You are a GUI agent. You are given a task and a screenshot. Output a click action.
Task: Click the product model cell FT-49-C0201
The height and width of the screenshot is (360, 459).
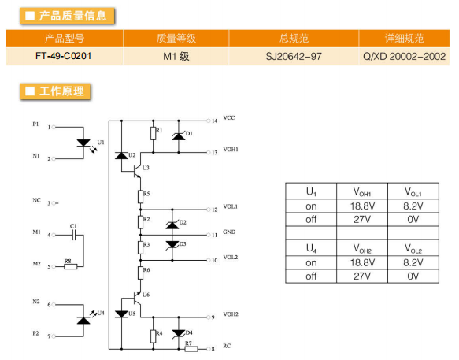click(x=64, y=56)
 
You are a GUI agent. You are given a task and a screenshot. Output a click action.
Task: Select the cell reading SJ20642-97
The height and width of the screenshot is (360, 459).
click(x=294, y=56)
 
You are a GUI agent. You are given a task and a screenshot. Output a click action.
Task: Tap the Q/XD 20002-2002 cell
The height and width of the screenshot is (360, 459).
click(x=404, y=56)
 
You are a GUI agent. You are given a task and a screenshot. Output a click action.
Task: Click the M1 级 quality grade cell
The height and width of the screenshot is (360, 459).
click(x=176, y=56)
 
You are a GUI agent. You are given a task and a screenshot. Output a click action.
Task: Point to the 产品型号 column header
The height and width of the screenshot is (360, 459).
click(x=65, y=38)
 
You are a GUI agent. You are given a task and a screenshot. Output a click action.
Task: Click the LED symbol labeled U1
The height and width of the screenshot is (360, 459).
click(x=83, y=143)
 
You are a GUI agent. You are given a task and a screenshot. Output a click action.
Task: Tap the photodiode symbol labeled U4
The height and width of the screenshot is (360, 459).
click(x=83, y=321)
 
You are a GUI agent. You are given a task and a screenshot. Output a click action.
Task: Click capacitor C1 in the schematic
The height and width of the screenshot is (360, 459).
click(x=74, y=235)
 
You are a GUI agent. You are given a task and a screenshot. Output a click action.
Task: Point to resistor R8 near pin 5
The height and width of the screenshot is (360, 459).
click(x=71, y=266)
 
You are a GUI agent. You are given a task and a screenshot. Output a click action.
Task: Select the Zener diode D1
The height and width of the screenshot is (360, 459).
click(x=179, y=136)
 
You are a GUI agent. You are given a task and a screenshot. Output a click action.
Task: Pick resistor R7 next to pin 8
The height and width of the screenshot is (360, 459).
click(x=191, y=349)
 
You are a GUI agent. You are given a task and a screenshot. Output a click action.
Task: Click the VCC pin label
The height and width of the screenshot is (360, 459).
click(x=229, y=117)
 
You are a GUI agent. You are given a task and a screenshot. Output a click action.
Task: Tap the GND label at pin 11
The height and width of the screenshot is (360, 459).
click(x=229, y=232)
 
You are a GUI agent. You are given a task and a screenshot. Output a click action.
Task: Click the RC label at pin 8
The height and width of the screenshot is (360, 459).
click(x=227, y=346)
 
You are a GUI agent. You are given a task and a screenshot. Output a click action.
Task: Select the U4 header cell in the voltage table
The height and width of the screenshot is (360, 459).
click(x=311, y=248)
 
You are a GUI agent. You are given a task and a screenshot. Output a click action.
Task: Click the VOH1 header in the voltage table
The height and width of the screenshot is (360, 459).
click(x=362, y=192)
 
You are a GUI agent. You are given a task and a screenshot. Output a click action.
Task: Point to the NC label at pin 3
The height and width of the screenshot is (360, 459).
click(x=36, y=200)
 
